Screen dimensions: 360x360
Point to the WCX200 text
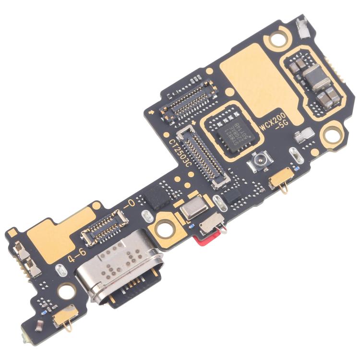tap(275, 120)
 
